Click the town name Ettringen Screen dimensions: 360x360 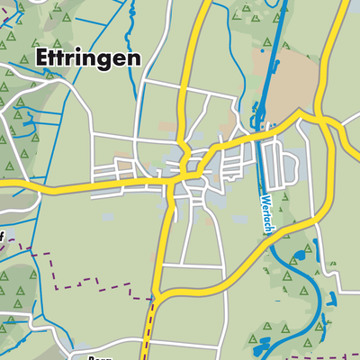87,58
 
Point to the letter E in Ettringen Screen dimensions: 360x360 42,58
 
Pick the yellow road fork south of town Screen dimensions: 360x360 157,294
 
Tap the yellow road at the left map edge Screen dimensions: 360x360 4,187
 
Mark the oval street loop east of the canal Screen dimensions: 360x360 287,166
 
